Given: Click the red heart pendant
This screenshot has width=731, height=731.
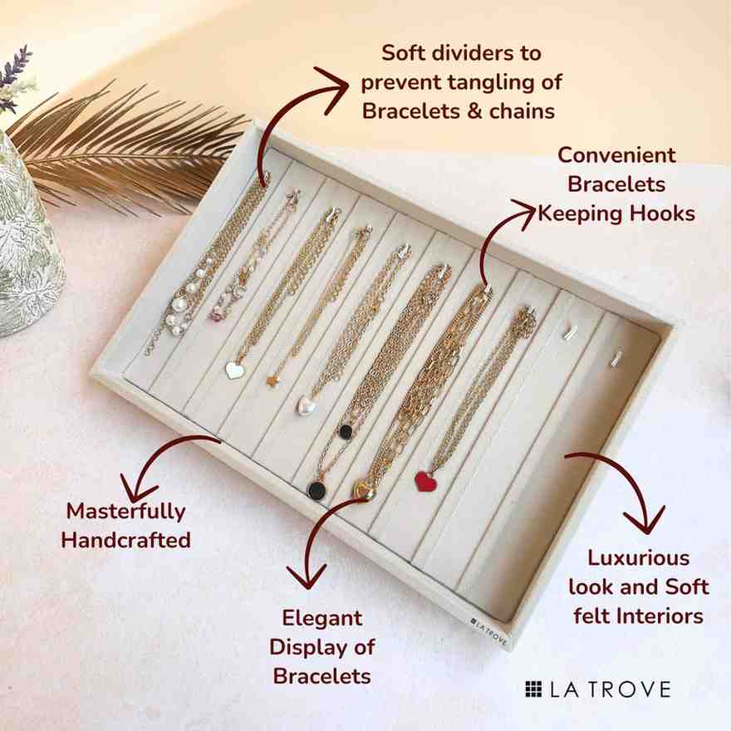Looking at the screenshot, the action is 426,482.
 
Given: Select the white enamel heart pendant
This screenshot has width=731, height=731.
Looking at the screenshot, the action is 234,370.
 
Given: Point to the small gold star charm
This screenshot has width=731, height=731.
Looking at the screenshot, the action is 272,381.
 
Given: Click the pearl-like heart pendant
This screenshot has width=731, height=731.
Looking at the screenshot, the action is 307,405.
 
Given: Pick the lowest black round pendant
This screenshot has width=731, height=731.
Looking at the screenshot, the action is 316,489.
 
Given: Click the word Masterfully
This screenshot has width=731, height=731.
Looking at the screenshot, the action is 126,512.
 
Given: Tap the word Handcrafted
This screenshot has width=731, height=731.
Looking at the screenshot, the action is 126,540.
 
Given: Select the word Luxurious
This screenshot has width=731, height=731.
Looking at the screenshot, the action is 638,558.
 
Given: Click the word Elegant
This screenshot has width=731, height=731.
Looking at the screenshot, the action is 322,618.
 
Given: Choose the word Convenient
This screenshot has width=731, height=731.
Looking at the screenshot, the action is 616,155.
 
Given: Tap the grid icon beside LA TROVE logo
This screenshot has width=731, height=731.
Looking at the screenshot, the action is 533,689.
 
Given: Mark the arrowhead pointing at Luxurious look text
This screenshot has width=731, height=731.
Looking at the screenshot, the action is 644,521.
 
